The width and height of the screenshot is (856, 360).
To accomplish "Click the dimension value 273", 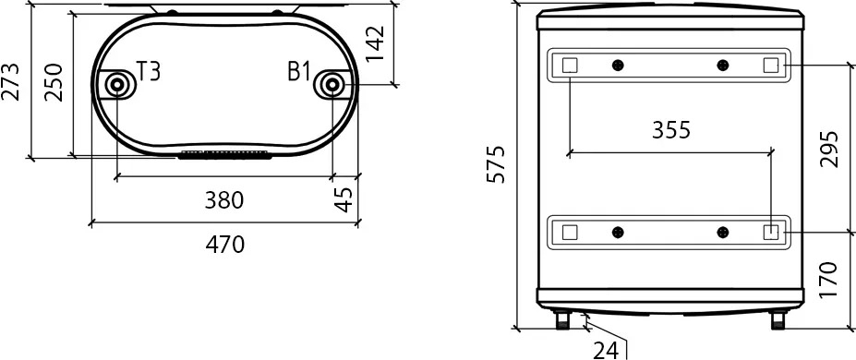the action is tap(12, 82).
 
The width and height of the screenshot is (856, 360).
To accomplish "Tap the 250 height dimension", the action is tap(54, 82).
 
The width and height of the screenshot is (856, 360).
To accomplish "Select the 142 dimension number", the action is tap(375, 43).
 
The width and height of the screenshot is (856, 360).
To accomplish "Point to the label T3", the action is tap(148, 72).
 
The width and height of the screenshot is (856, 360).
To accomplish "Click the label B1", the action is tap(299, 72).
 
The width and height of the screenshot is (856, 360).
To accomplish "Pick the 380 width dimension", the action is tap(223, 200).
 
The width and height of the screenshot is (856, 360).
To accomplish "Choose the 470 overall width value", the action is tap(225, 245).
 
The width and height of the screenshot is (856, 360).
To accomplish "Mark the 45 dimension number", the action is tap(344, 198).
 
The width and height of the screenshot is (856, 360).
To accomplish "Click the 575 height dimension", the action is tap(496, 164).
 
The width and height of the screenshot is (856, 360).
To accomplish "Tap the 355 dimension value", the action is tap(671, 130).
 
